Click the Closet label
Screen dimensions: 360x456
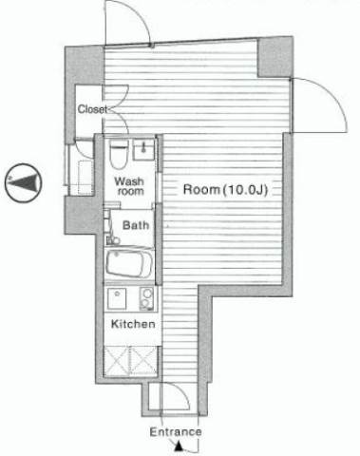click(x=92, y=109)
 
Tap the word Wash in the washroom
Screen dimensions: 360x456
click(x=129, y=181)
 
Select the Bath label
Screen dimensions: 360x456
click(x=136, y=225)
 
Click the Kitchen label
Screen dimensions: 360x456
click(x=133, y=324)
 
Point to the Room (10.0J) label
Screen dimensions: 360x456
click(x=226, y=189)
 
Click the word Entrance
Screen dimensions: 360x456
click(x=176, y=432)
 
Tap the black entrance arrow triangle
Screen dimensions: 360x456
click(x=179, y=447)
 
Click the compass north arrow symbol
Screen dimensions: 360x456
click(x=24, y=183)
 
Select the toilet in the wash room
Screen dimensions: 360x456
click(x=119, y=155)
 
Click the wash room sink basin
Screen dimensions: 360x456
click(x=143, y=149)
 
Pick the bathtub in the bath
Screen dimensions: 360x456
click(x=129, y=264)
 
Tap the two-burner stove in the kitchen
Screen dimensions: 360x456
click(x=146, y=298)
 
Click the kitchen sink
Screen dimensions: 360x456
click(x=117, y=298)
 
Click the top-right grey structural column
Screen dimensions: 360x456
click(x=275, y=57)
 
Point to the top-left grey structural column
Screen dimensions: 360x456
click(x=85, y=66)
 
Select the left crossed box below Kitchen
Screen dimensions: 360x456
click(x=117, y=361)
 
